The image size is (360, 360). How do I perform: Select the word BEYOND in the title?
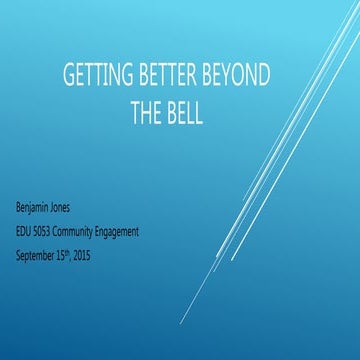pos(243,78)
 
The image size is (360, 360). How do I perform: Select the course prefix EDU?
pos(25,232)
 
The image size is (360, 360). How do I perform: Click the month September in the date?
pos(38,254)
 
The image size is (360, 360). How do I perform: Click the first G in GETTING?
pos(69,78)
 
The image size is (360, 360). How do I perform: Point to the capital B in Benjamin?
pos(19,212)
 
